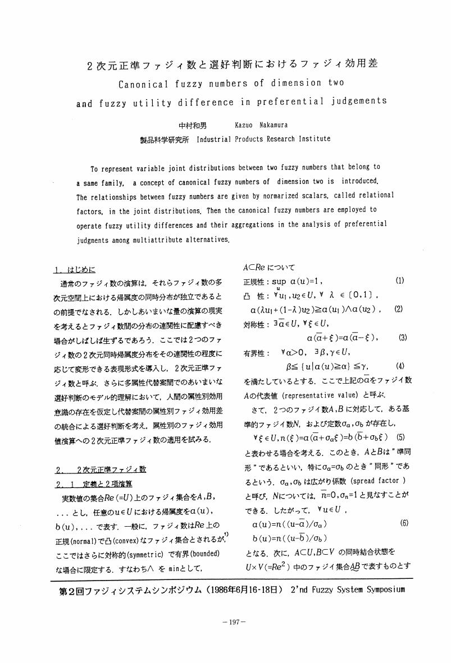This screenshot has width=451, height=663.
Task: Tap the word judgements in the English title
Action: pyautogui.click(x=359, y=102)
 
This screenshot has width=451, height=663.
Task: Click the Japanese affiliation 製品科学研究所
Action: pyautogui.click(x=165, y=139)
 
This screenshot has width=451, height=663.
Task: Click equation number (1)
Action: pyautogui.click(x=400, y=280)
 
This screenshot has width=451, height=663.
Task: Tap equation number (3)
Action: pyautogui.click(x=403, y=338)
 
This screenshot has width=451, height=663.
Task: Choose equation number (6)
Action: pyautogui.click(x=404, y=523)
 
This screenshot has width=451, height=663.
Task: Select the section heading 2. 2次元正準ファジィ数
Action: pyautogui.click(x=101, y=469)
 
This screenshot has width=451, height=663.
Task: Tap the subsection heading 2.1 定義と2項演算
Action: pyautogui.click(x=94, y=484)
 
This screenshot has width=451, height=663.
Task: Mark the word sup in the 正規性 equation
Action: pyautogui.click(x=279, y=281)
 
